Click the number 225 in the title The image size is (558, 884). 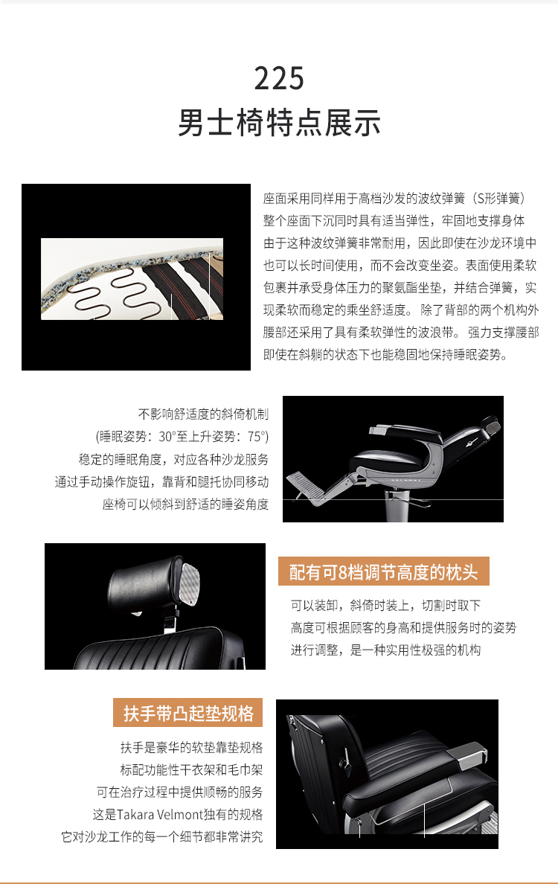point(279,78)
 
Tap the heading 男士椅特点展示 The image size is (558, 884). point(279,123)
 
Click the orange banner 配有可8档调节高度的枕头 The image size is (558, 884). point(383,571)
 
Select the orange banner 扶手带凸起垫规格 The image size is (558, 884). point(188,713)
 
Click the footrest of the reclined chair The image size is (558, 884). point(307,485)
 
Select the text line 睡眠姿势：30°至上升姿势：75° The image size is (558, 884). point(182,436)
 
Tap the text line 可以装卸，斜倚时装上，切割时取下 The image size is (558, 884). point(385,606)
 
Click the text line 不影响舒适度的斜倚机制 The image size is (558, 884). point(203,414)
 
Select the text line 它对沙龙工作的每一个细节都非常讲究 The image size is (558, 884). point(161,836)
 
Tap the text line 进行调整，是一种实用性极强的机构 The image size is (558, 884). point(385,650)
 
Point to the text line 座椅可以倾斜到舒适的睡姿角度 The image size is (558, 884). point(185,504)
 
